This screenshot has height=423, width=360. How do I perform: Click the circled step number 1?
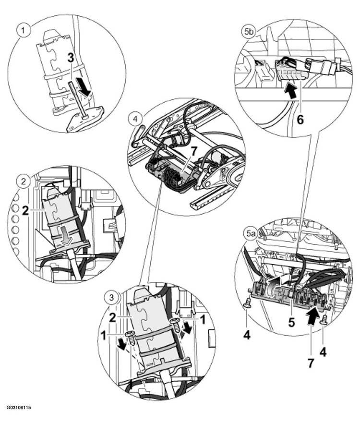[24, 30]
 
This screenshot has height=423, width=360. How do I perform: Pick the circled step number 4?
[135, 119]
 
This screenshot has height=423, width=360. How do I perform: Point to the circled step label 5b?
[248, 32]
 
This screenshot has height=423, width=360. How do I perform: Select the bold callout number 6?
[300, 119]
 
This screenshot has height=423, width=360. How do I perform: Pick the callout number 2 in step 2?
[25, 211]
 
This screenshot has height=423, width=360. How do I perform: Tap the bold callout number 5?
[291, 323]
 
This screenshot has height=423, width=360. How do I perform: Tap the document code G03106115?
[19, 407]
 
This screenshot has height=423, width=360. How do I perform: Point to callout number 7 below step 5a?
[311, 363]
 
